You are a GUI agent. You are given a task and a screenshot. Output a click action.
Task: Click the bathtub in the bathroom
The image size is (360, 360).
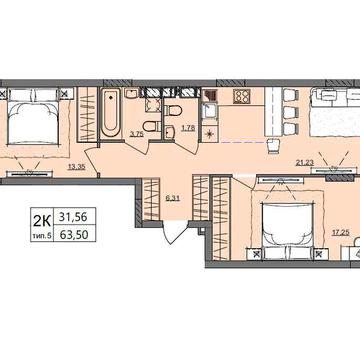pos(109,114)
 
